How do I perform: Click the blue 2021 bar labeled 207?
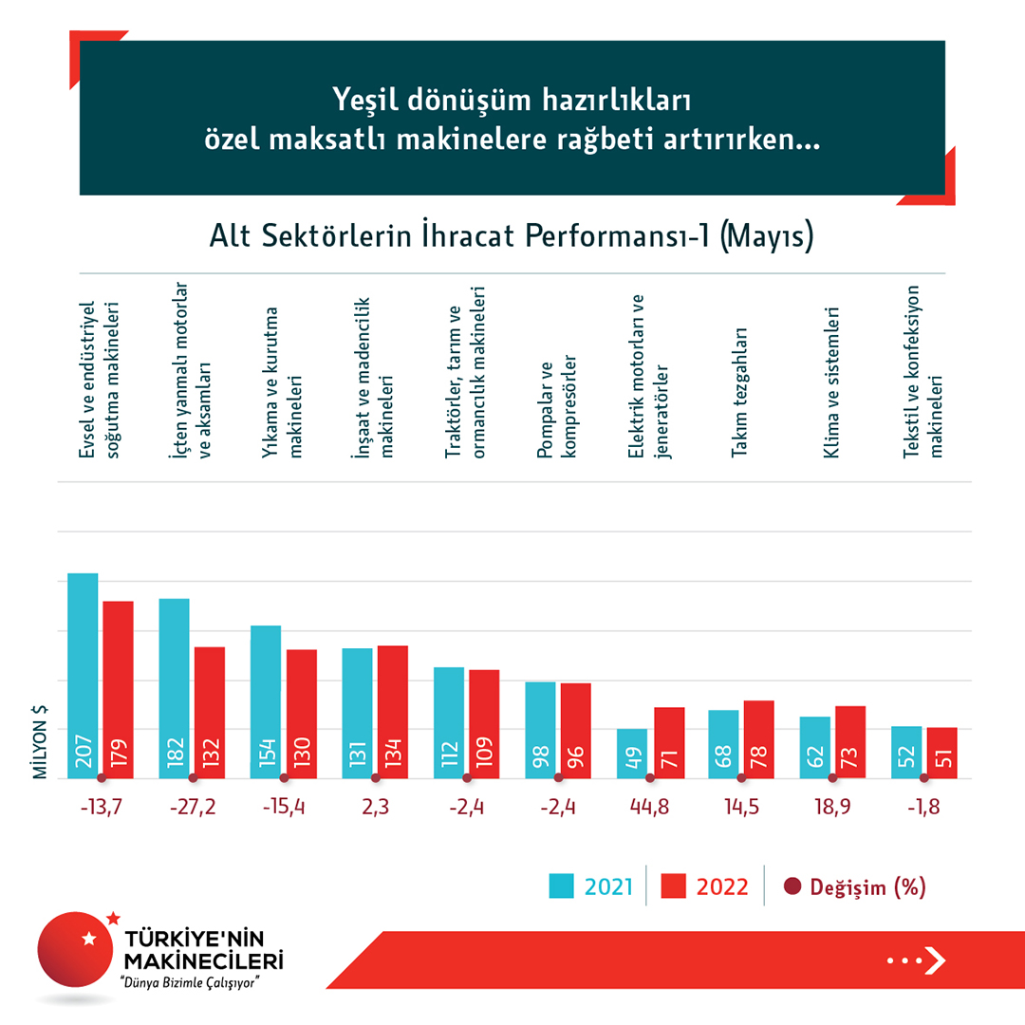(x=83, y=675)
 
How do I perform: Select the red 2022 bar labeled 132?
(x=210, y=712)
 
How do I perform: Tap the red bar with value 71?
(x=668, y=742)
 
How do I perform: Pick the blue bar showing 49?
(x=632, y=754)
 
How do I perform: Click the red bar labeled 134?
(x=393, y=711)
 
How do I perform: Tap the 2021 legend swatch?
(x=563, y=886)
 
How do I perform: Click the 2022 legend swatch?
(x=674, y=886)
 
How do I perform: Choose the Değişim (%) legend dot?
(x=792, y=886)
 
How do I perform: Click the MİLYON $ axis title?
(x=41, y=742)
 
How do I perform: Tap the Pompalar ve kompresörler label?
(x=557, y=408)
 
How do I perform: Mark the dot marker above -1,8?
(x=923, y=778)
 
